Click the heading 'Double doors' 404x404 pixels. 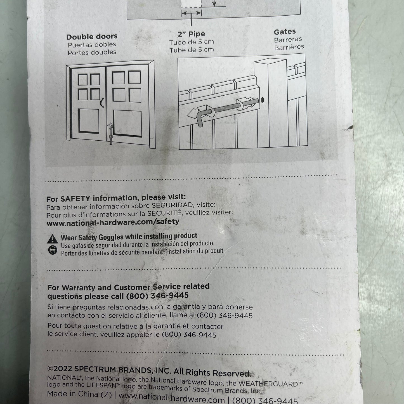tap(92, 37)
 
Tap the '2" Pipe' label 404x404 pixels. tap(192, 34)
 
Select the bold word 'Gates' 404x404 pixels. tap(285, 32)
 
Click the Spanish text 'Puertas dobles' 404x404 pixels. tap(92, 45)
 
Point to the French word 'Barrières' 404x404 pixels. tap(289, 47)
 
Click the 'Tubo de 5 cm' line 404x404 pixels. tap(192, 42)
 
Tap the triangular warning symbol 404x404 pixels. tap(53, 239)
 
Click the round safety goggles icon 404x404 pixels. tap(53, 250)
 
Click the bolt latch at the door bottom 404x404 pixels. tap(110, 134)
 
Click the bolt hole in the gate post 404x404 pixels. tap(262, 100)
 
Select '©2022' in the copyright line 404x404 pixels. tap(60, 368)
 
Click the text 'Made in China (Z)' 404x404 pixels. tap(79, 394)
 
